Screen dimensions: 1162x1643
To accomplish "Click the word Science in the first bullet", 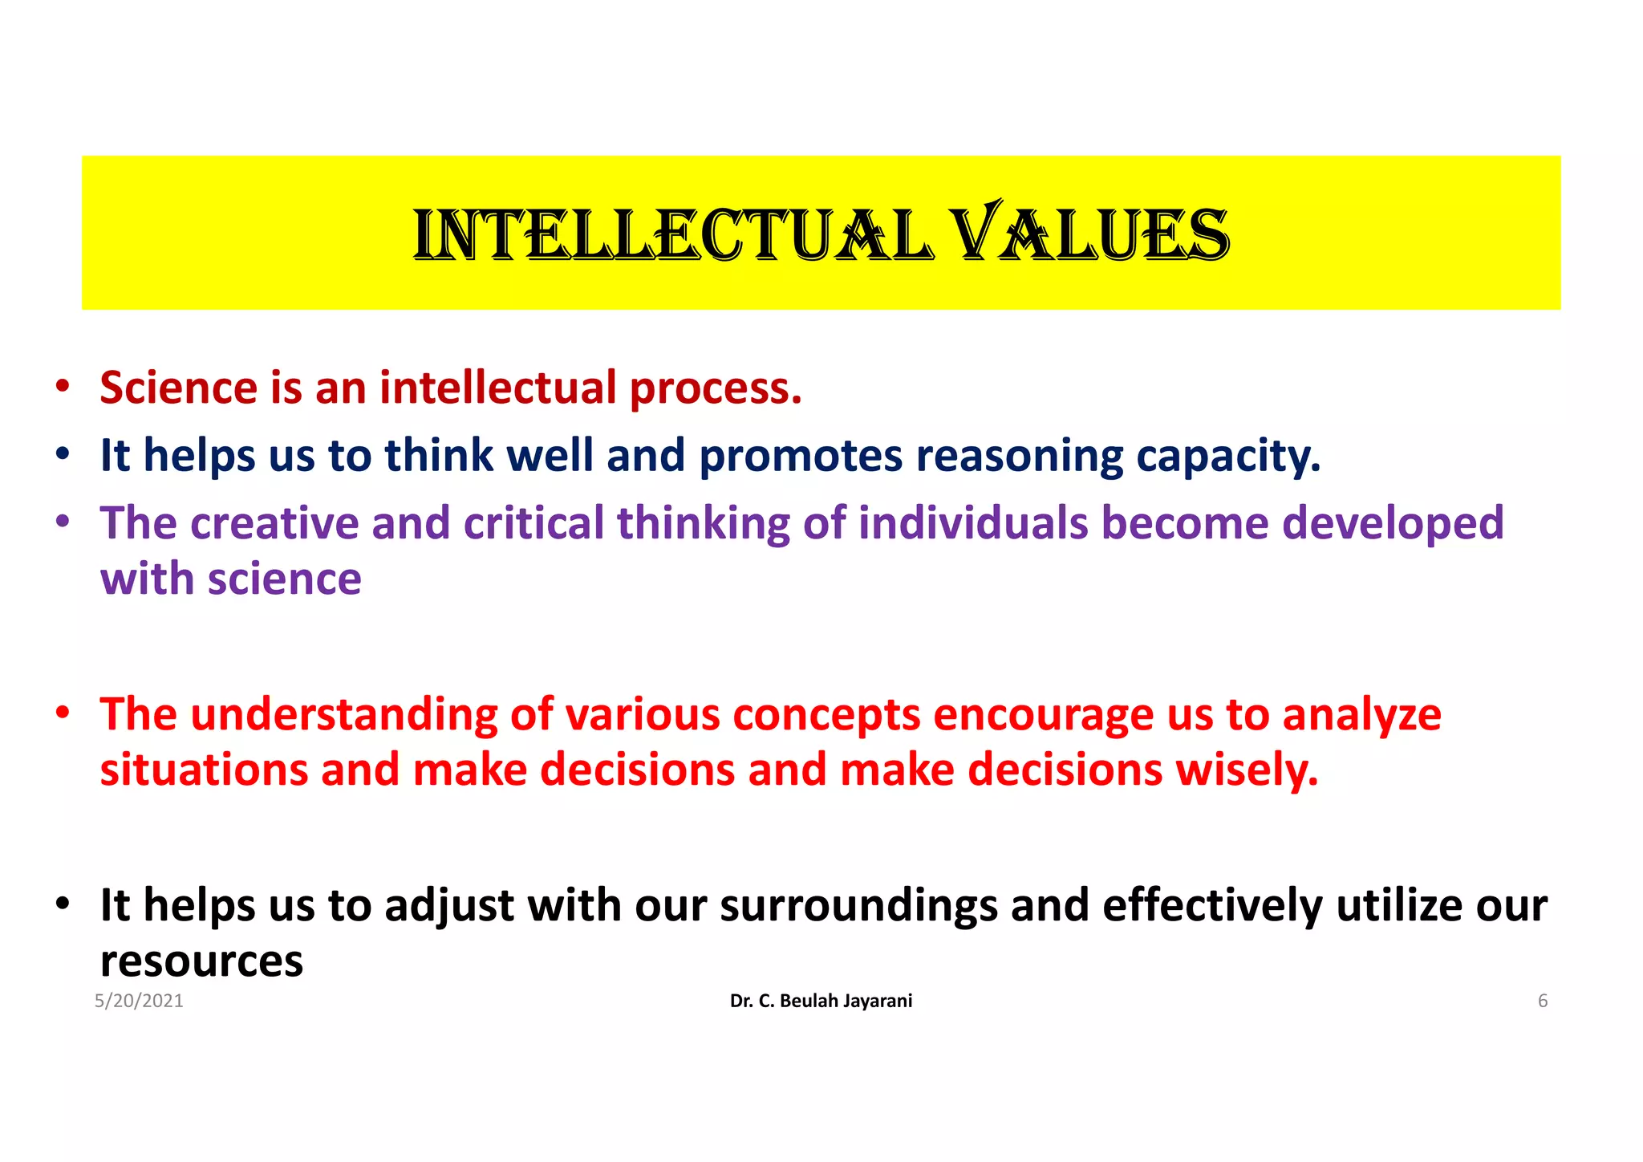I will click(178, 388).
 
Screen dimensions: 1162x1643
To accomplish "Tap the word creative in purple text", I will click(274, 523).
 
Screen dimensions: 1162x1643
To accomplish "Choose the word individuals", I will click(973, 523).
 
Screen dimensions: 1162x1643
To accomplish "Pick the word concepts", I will click(826, 716).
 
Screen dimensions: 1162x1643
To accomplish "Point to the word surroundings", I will click(858, 907).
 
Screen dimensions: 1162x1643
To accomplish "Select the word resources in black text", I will click(201, 961).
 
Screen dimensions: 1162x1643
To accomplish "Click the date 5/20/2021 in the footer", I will click(139, 1001).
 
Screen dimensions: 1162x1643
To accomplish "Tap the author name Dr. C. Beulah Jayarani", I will click(821, 1001).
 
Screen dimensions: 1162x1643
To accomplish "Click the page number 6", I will click(1542, 1001).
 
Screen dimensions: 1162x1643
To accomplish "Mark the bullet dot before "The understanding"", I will click(63, 713).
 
